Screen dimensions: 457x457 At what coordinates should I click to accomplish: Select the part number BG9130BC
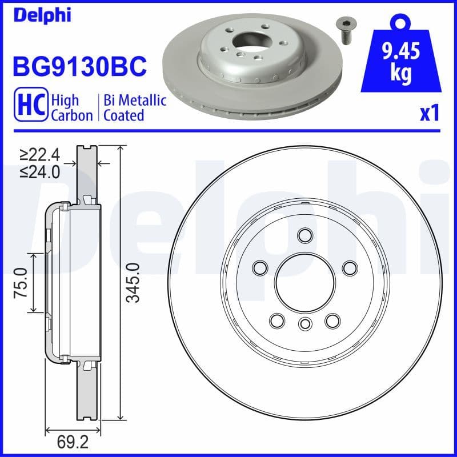[x=79, y=67]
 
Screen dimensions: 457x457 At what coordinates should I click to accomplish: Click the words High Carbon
[x=71, y=107]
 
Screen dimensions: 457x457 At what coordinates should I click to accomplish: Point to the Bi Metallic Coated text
[x=134, y=107]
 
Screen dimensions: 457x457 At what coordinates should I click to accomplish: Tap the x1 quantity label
[x=429, y=113]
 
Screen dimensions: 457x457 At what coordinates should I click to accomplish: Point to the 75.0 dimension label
[x=21, y=282]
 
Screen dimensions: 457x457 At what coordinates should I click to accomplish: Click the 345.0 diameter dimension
[x=133, y=283]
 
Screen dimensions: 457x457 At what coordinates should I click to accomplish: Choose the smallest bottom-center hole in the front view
[x=304, y=324]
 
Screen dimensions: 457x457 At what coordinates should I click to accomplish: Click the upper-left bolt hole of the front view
[x=260, y=267]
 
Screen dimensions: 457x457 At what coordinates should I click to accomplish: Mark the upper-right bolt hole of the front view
[x=349, y=267]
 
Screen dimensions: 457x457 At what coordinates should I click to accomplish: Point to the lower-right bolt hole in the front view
[x=332, y=320]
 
